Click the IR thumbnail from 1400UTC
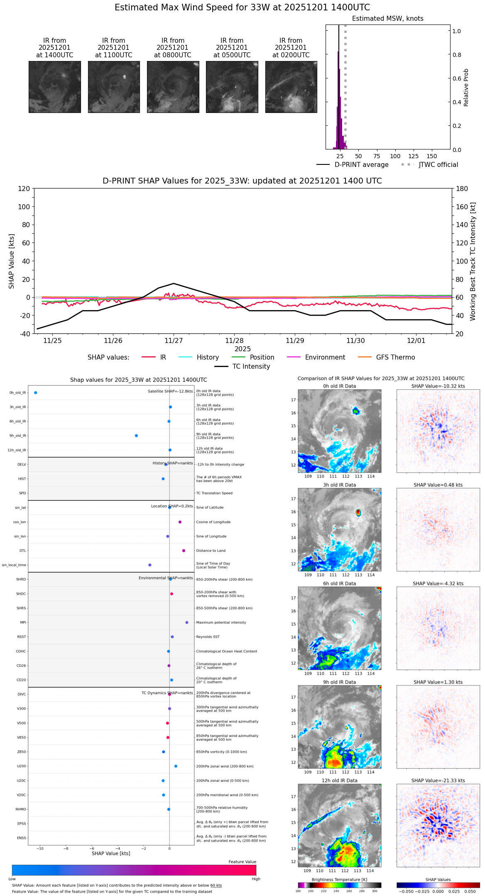[54, 87]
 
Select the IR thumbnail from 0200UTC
[291, 87]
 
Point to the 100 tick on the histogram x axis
[395, 157]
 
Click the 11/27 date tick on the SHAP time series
[174, 341]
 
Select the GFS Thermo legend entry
[395, 357]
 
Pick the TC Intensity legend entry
[251, 367]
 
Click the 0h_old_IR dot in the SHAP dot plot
[36, 393]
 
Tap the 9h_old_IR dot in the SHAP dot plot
[136, 436]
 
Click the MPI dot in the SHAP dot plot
[187, 622]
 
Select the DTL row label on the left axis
[22, 551]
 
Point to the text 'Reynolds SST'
[208, 637]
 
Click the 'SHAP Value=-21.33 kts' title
[438, 781]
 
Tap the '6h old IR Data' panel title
[339, 584]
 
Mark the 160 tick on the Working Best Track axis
[462, 207]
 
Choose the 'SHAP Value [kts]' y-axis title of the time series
[12, 261]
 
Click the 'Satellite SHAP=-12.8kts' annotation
[170, 392]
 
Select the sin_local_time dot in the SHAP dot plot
[150, 565]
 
